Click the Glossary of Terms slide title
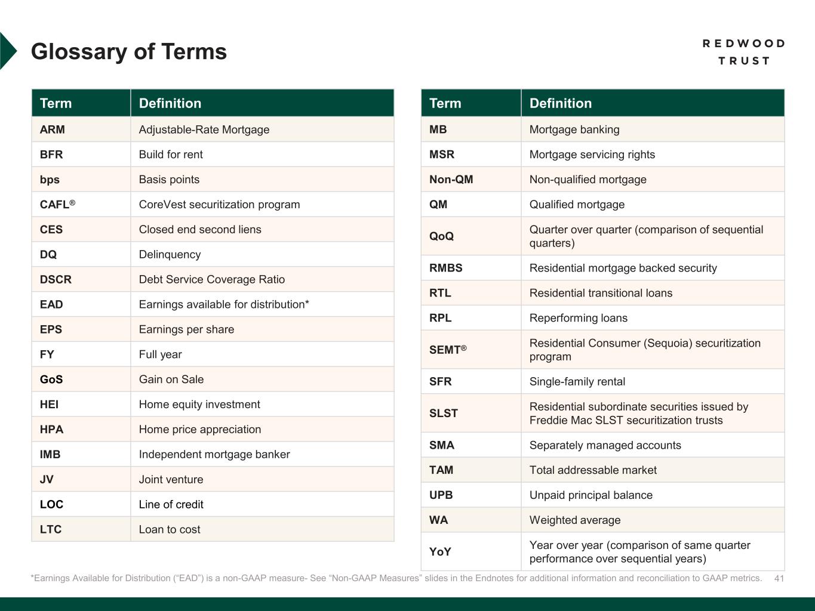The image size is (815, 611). pyautogui.click(x=129, y=52)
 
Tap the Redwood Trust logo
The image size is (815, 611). pyautogui.click(x=743, y=52)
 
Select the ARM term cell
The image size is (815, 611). pyautogui.click(x=53, y=129)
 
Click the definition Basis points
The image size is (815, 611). pyautogui.click(x=169, y=180)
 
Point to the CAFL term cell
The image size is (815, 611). pyautogui.click(x=57, y=205)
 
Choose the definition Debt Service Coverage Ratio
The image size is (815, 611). pyautogui.click(x=211, y=280)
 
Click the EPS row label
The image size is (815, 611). pyautogui.click(x=51, y=330)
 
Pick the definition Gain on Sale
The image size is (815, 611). pyautogui.click(x=171, y=379)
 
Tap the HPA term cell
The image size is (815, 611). pyautogui.click(x=51, y=430)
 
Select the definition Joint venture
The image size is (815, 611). pyautogui.click(x=171, y=480)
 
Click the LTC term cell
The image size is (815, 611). pyautogui.click(x=51, y=530)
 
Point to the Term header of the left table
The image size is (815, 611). pyautogui.click(x=56, y=103)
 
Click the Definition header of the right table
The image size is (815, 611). pyautogui.click(x=560, y=103)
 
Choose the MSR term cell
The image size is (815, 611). pyautogui.click(x=442, y=155)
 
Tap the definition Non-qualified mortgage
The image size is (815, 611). pyautogui.click(x=588, y=180)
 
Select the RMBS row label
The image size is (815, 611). pyautogui.click(x=445, y=268)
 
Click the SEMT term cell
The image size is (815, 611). pyautogui.click(x=448, y=350)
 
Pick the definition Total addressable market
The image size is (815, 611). pyautogui.click(x=593, y=470)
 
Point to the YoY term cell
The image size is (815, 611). pyautogui.click(x=440, y=552)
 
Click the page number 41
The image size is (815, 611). pyautogui.click(x=779, y=578)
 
